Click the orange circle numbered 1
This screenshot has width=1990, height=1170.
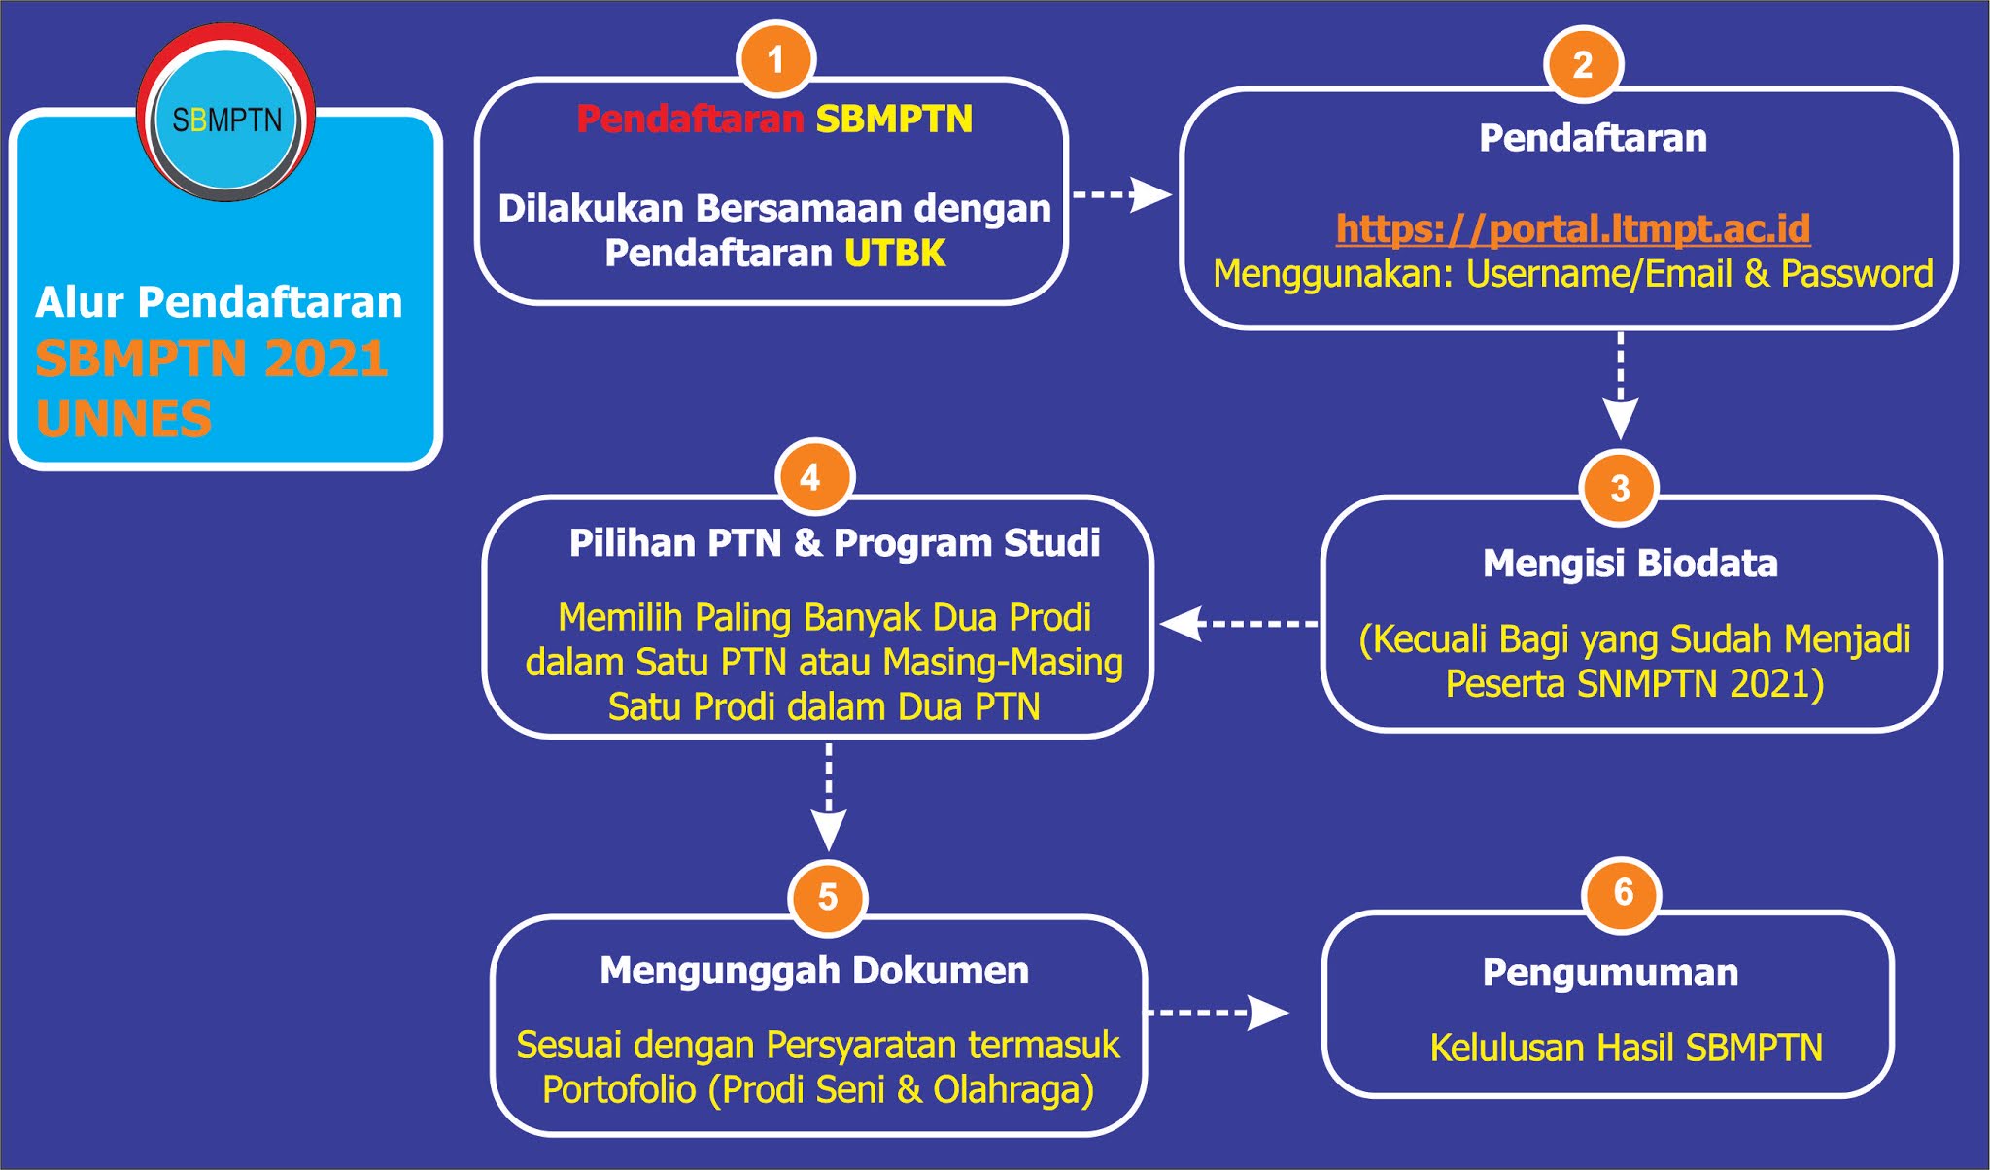click(775, 59)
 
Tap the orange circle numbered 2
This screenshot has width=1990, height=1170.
click(1583, 64)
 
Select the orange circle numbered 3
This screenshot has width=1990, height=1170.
click(1620, 488)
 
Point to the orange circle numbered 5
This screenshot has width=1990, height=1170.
click(827, 897)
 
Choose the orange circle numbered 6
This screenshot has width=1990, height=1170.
click(1622, 893)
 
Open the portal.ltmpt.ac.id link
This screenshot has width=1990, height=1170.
click(1573, 228)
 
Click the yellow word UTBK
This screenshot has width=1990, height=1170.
click(894, 254)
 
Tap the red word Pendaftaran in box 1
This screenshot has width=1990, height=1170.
click(690, 120)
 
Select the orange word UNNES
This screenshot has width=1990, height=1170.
click(123, 420)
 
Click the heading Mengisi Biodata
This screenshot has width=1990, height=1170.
click(1630, 564)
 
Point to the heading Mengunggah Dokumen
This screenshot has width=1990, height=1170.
click(814, 971)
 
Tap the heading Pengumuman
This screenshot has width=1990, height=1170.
click(1610, 973)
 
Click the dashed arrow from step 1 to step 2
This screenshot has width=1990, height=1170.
click(1122, 194)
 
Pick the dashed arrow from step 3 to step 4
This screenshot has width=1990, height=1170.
click(1239, 624)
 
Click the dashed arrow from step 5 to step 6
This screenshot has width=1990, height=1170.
click(1219, 1013)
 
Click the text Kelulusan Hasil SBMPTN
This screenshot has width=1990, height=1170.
click(1626, 1048)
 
